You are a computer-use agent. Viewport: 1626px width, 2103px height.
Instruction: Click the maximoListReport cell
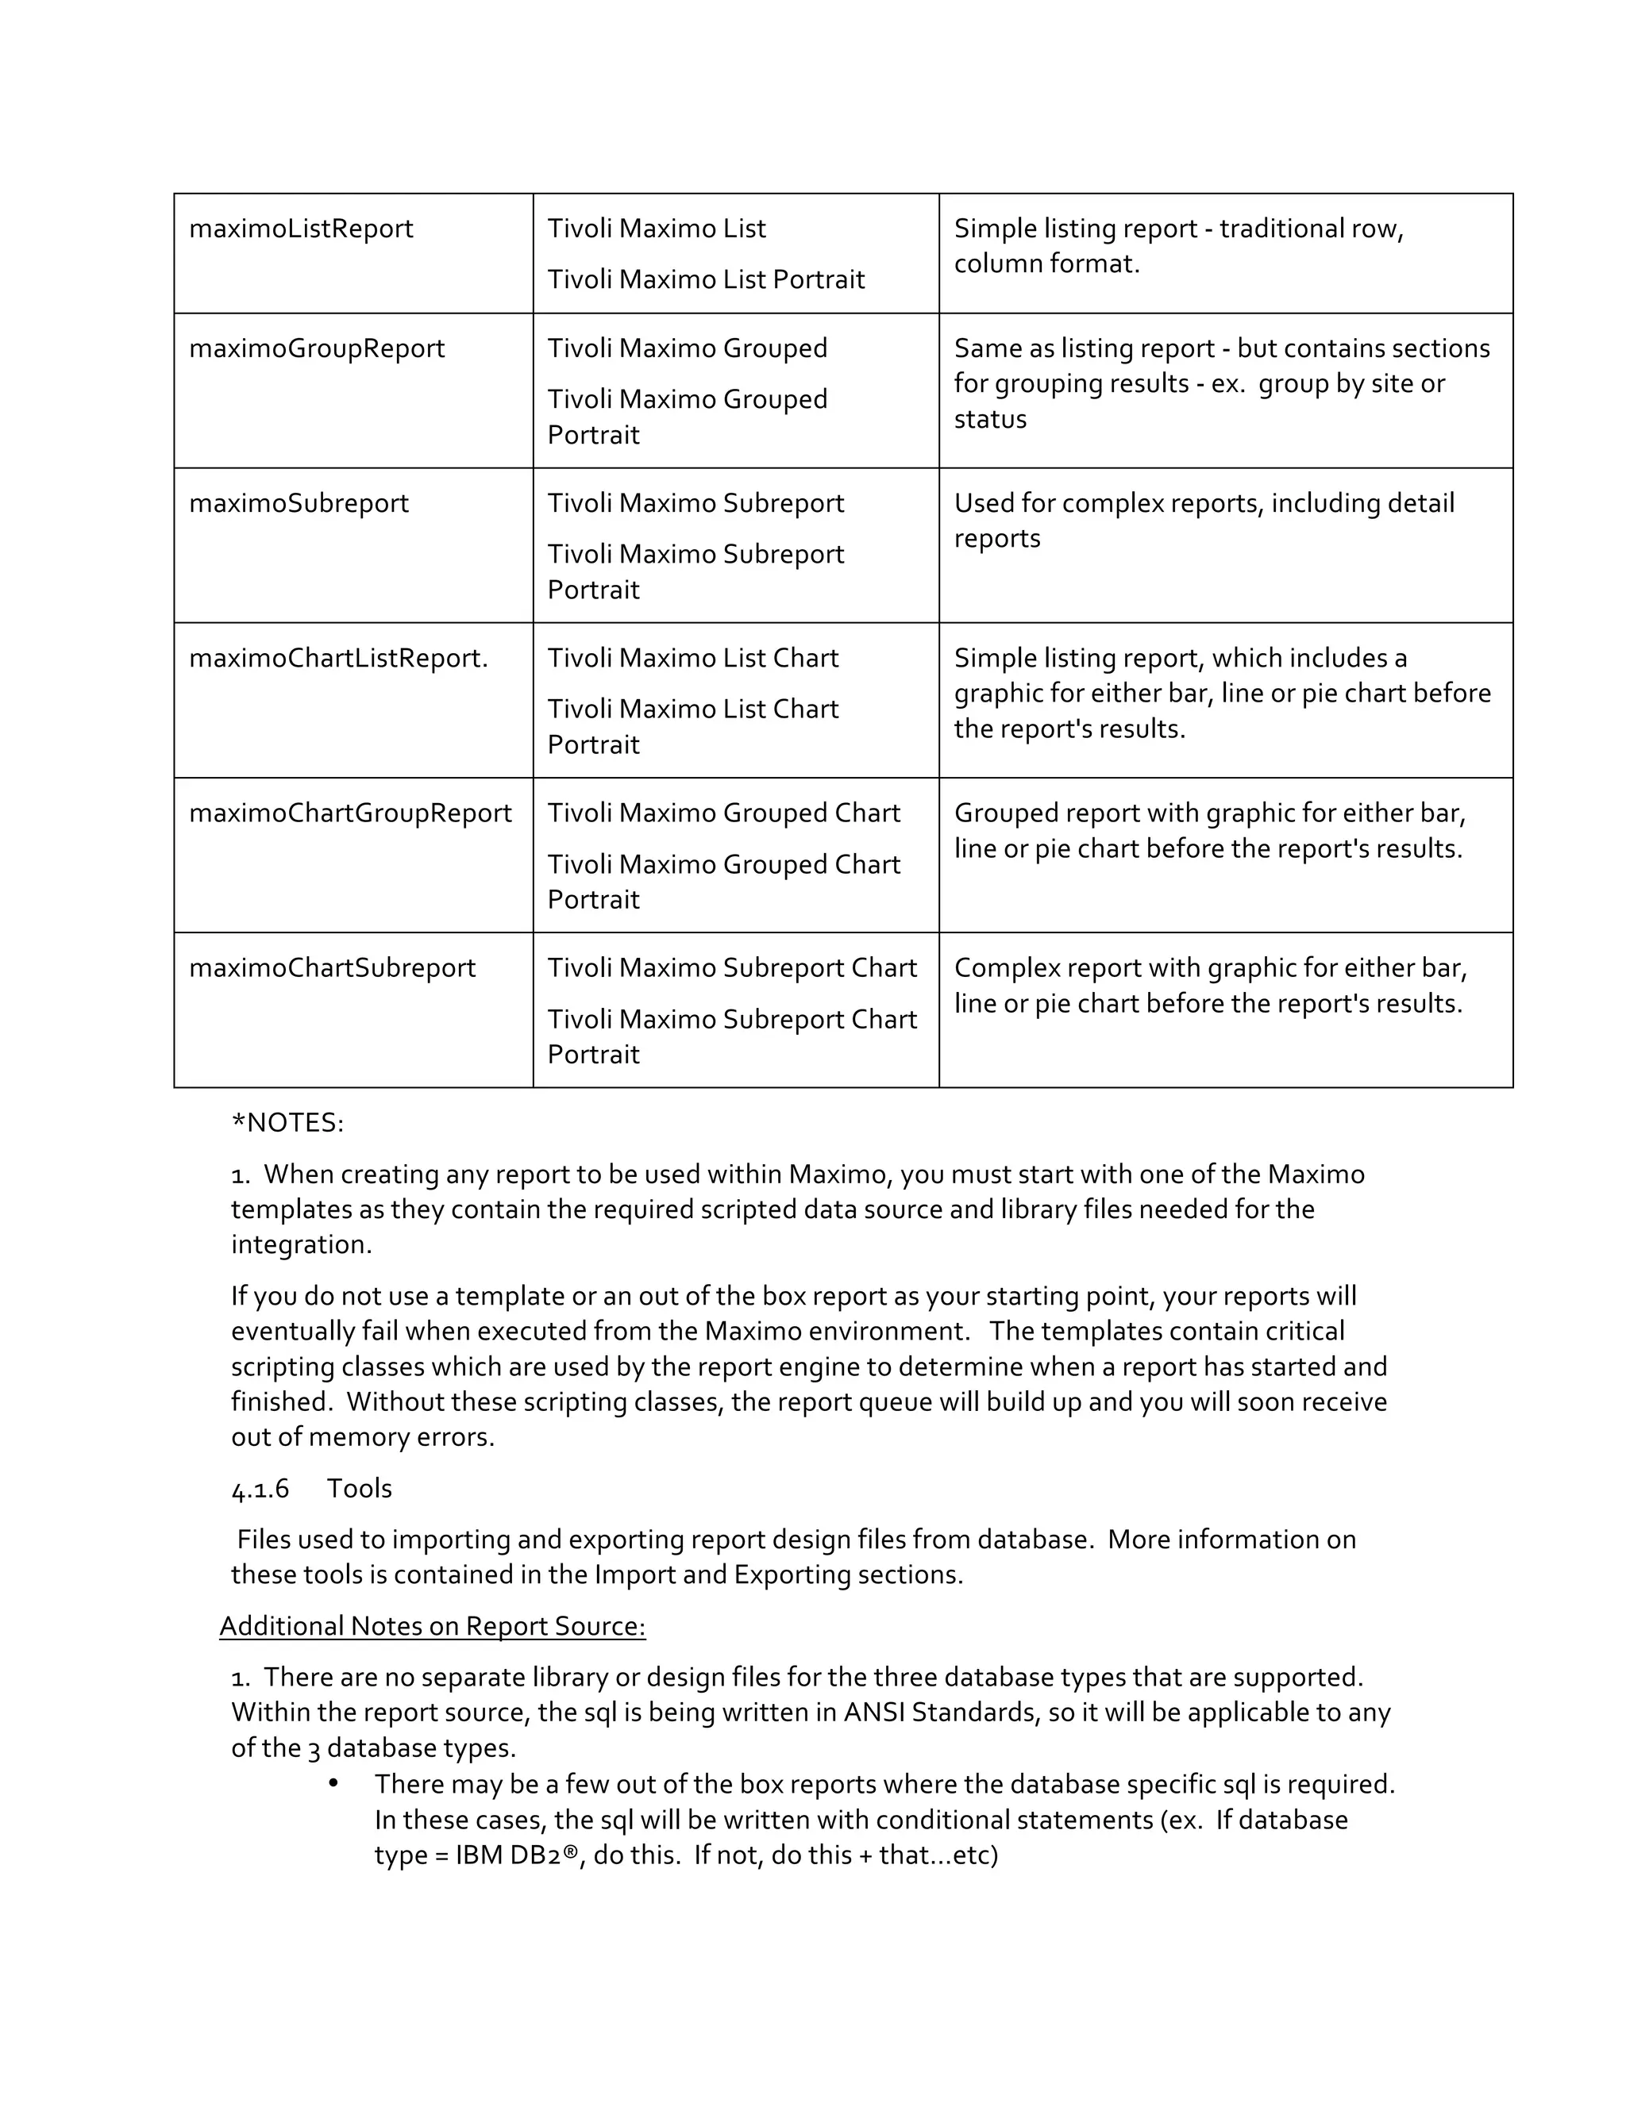[x=301, y=229]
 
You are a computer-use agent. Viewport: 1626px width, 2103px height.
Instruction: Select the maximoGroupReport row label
[x=316, y=348]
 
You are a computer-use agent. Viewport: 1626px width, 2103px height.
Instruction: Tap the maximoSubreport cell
[x=299, y=504]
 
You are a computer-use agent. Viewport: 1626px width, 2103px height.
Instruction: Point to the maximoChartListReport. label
[x=338, y=659]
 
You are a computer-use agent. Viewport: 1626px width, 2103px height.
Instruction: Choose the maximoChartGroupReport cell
[x=349, y=813]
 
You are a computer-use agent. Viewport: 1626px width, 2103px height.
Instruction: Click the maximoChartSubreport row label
[x=331, y=969]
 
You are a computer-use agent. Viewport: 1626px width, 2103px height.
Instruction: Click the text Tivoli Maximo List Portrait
[x=705, y=280]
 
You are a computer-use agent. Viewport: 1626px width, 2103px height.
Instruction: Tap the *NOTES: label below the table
[x=287, y=1123]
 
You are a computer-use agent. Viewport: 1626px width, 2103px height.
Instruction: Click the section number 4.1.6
[x=260, y=1489]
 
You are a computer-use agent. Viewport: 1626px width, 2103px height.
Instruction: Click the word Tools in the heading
[x=360, y=1489]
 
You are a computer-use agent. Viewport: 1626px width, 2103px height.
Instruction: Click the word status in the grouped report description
[x=989, y=420]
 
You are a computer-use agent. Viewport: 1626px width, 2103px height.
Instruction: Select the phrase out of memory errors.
[x=362, y=1438]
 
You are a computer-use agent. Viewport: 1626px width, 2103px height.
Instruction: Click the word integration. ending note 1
[x=301, y=1245]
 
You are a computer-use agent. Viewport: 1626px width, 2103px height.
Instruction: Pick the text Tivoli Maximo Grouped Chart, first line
[x=723, y=813]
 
